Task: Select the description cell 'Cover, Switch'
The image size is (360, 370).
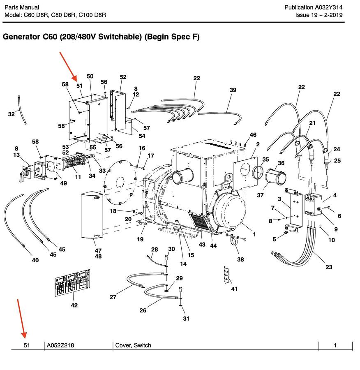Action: tap(133, 345)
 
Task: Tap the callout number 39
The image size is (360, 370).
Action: tap(233, 90)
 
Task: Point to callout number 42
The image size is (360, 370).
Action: tap(74, 305)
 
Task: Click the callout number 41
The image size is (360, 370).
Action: tap(234, 289)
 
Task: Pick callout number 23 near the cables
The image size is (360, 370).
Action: tap(329, 267)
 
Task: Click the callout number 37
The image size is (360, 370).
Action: tap(260, 195)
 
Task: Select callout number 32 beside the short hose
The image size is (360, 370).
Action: tap(11, 114)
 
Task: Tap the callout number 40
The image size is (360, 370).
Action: tap(35, 260)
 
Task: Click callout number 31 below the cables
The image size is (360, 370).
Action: tap(186, 318)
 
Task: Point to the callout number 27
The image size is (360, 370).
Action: tap(113, 297)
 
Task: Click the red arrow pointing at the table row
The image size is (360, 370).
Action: tap(22, 319)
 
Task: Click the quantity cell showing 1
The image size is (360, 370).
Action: tap(335, 345)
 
